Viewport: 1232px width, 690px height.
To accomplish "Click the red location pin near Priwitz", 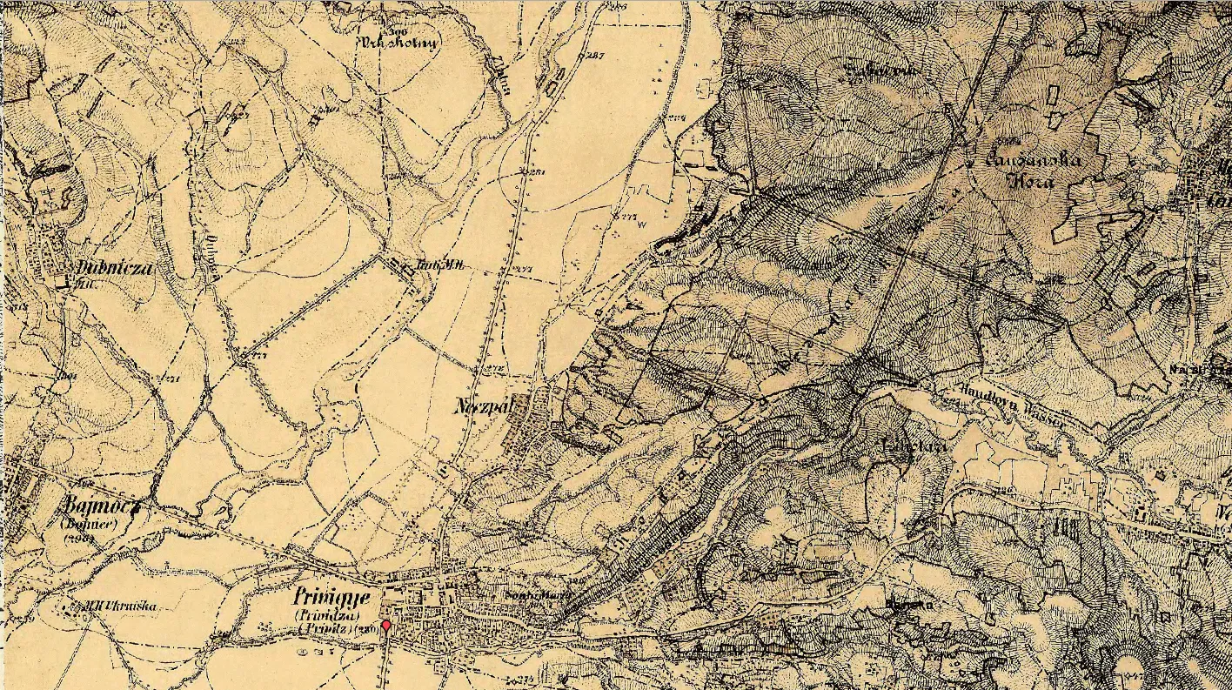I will [385, 626].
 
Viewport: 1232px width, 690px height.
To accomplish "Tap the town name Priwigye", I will [332, 599].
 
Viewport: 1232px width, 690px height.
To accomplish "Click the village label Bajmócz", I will [102, 507].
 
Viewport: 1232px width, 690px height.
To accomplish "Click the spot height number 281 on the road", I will [535, 171].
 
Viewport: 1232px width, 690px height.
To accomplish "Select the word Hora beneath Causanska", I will [1034, 182].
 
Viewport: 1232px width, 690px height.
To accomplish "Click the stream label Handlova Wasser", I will [1009, 405].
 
